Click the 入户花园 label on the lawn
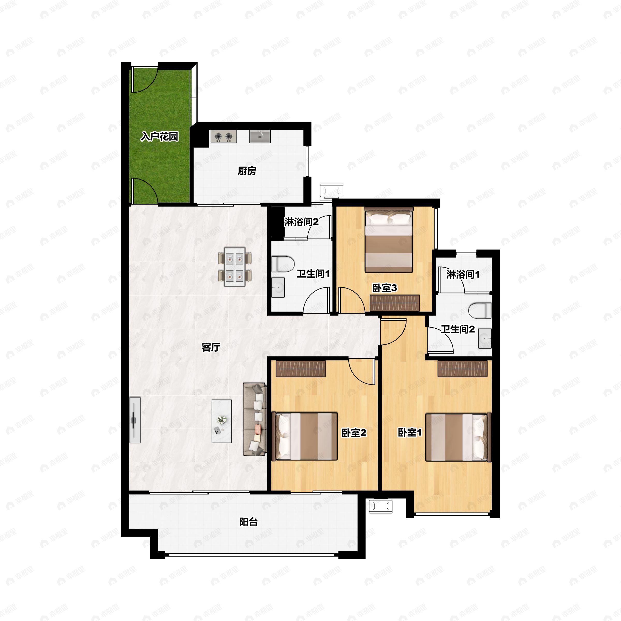(159, 137)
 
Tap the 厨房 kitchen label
(247, 171)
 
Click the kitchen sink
(260, 137)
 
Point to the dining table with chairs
(235, 267)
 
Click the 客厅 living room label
(211, 347)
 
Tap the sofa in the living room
(255, 419)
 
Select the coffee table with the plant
(221, 421)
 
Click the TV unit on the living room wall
(135, 420)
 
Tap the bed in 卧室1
(458, 437)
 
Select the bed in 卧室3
(389, 240)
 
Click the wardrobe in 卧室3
(395, 303)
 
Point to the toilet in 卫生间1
(283, 264)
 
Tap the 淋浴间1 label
(463, 274)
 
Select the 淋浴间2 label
(301, 222)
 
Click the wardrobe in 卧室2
(301, 368)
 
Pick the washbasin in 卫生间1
(278, 287)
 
